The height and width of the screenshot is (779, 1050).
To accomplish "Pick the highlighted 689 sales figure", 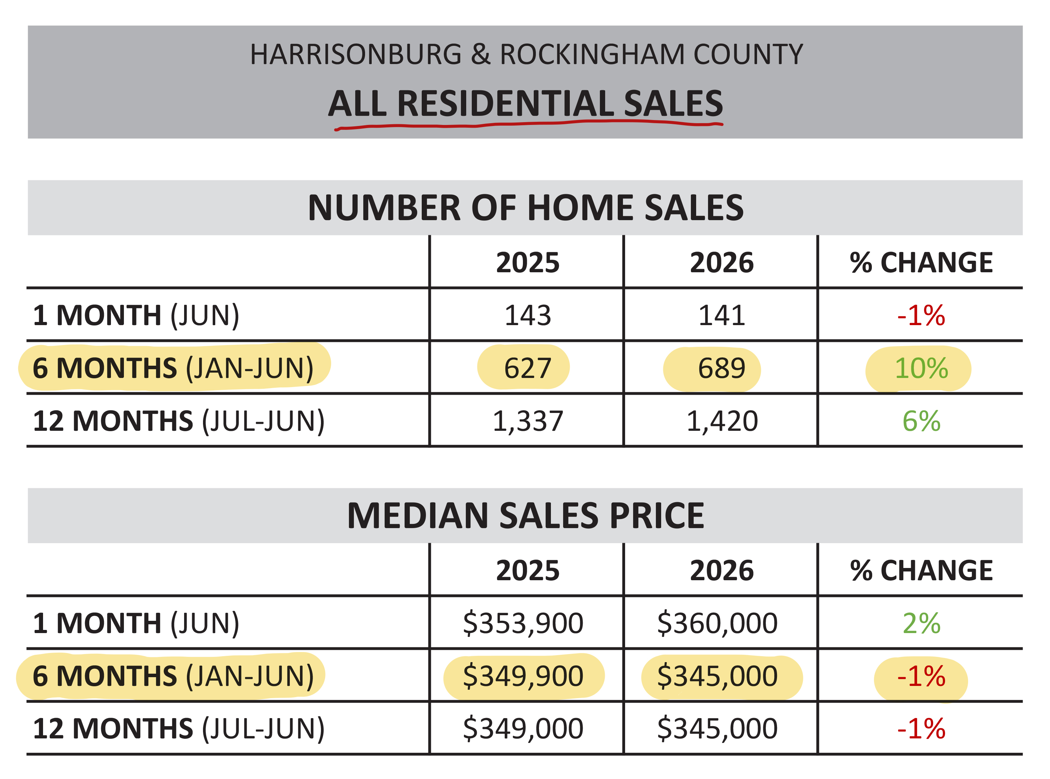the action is (x=722, y=368).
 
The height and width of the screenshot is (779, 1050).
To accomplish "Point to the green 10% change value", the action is (x=921, y=368).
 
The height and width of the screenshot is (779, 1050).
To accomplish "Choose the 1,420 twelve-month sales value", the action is (x=722, y=421).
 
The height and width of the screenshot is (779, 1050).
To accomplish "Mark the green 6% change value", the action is (x=921, y=421).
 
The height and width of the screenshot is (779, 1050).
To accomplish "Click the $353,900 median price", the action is (x=523, y=623).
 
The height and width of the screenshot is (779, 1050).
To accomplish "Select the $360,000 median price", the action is (x=717, y=623).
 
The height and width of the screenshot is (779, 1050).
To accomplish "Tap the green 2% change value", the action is (x=921, y=623).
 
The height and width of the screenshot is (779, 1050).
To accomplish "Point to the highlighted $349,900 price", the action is (x=523, y=676).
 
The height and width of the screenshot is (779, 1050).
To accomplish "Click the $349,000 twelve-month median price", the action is (x=523, y=729).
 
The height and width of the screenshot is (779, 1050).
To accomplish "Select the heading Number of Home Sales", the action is (x=525, y=208).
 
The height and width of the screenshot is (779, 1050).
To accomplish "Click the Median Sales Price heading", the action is (x=525, y=515).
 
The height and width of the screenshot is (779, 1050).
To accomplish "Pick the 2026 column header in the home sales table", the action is (x=722, y=263).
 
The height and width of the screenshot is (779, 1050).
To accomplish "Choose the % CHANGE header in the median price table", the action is (x=921, y=570).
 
